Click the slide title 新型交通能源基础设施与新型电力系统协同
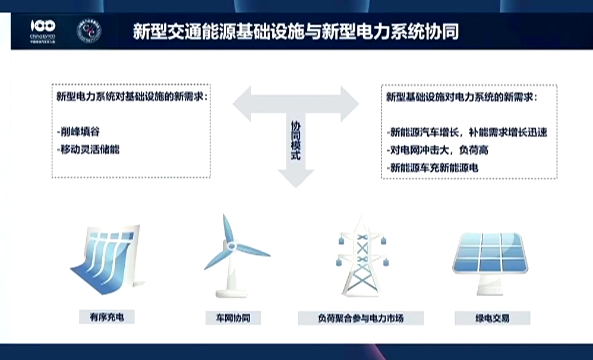pos(295,31)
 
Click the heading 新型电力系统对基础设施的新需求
pos(131,96)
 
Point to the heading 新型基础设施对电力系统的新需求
pos(461,96)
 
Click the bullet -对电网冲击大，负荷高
pos(428,150)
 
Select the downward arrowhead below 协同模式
pos(295,177)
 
